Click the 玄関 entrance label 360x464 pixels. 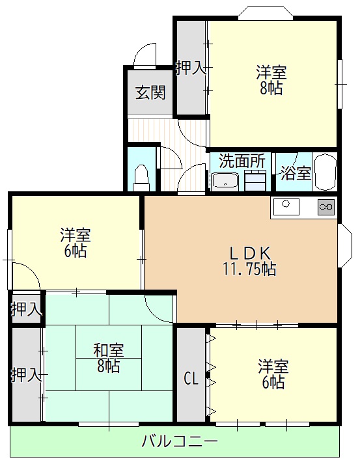pos(150,92)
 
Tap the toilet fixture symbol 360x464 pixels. pos(141,175)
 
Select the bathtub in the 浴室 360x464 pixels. pos(324,172)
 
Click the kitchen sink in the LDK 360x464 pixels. pos(286,206)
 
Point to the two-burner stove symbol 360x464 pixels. pos(325,207)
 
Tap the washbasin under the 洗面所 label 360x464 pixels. pos(225,181)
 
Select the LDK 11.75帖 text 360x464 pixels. pos(251,261)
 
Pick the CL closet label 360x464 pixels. pos(190,377)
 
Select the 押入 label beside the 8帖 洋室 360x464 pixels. pos(191,68)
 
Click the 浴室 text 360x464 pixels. pos(296,173)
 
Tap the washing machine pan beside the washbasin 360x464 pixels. pos(255,180)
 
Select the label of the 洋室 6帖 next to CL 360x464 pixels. pos(273,373)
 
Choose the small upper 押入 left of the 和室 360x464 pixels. pos(25,309)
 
